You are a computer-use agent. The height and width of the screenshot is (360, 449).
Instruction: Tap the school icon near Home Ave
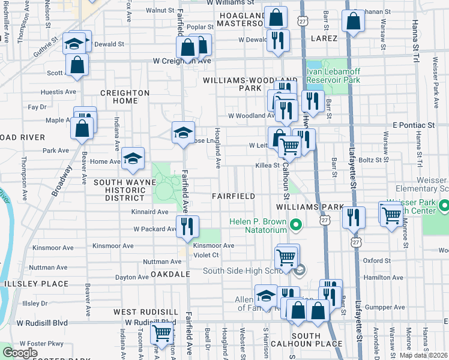(x=133, y=158)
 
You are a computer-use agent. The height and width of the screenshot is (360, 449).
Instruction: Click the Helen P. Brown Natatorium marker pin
(x=295, y=226)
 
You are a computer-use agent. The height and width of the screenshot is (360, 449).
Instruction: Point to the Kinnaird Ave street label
(x=150, y=212)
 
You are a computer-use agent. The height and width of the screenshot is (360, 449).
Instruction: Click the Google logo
(x=20, y=353)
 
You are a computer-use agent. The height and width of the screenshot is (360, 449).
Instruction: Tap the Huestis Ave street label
(x=58, y=92)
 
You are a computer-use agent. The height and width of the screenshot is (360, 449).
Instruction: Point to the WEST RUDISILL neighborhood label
(x=146, y=312)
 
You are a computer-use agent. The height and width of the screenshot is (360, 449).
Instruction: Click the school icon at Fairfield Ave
(x=183, y=134)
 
